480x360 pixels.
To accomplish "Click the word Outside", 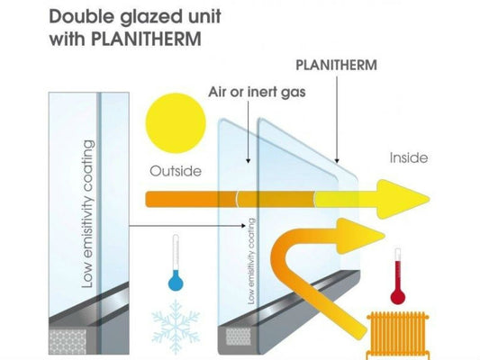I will (176, 169).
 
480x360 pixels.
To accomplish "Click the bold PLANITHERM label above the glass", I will (335, 66).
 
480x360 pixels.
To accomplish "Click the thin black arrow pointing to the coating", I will (180, 225).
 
